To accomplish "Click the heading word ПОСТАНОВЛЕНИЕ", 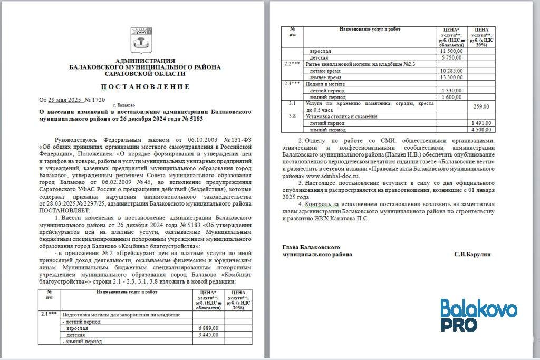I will [x=145, y=86].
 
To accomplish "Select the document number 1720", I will [x=98, y=99].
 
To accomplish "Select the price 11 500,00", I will [x=451, y=51].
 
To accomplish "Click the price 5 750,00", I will [x=451, y=57].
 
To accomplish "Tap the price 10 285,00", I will [x=451, y=71].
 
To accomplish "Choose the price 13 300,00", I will [x=451, y=77].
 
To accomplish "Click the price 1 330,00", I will [x=451, y=91].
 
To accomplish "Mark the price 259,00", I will [x=481, y=107].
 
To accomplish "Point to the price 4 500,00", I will [x=481, y=129].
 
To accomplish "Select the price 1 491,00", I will [x=481, y=123].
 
